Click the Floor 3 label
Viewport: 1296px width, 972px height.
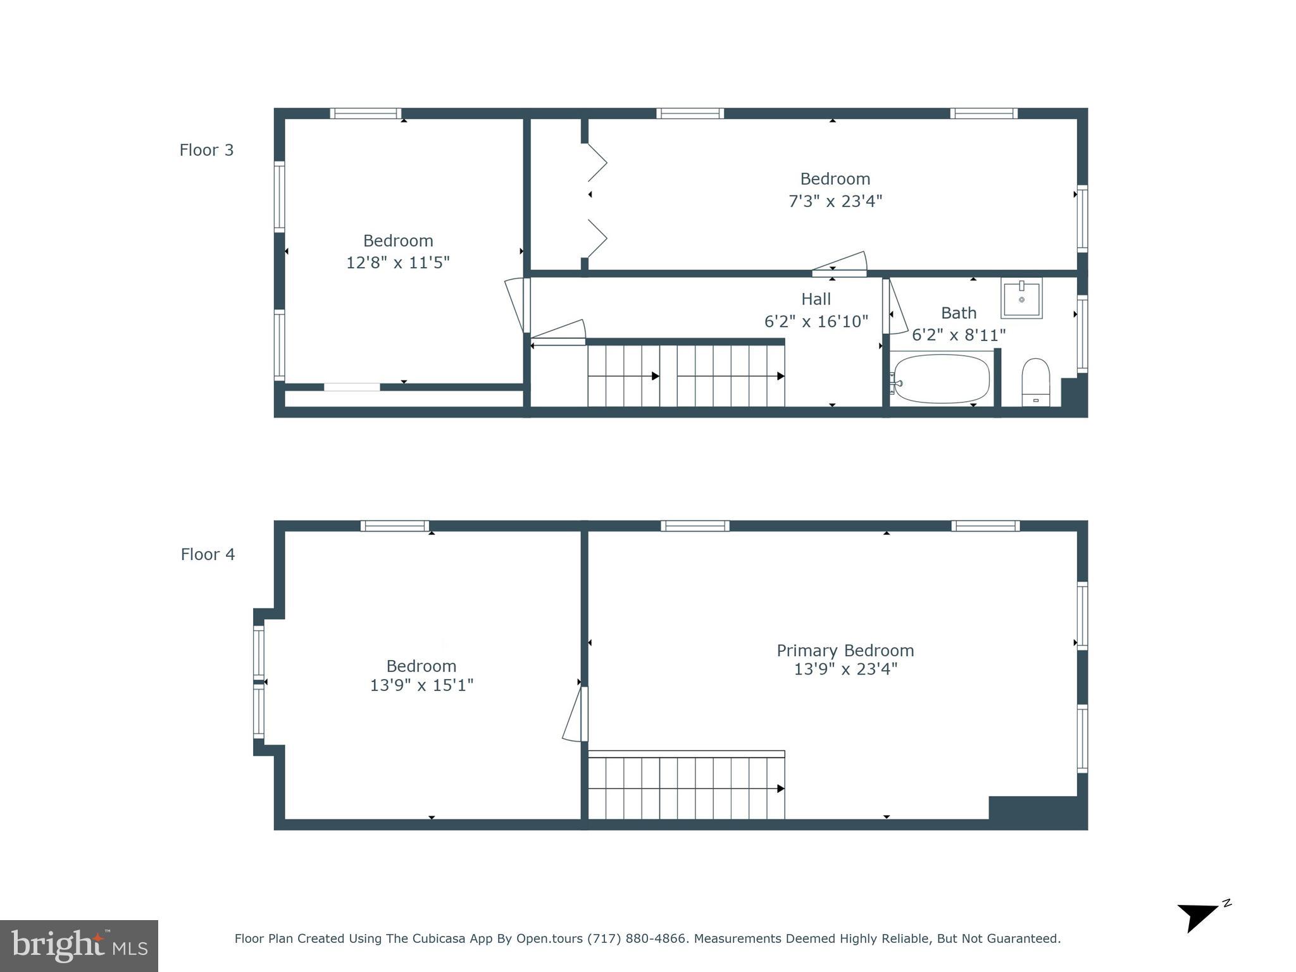tap(206, 150)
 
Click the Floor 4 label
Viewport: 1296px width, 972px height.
tap(208, 554)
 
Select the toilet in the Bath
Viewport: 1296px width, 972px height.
tap(1036, 382)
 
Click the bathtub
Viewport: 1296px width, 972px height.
tap(941, 378)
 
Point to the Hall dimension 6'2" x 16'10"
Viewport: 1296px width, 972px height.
tap(816, 321)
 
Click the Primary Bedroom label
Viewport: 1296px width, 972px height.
tap(845, 651)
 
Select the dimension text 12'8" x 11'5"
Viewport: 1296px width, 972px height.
tap(397, 263)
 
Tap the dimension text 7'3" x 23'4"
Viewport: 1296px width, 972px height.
tap(835, 201)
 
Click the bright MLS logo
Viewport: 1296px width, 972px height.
tap(79, 945)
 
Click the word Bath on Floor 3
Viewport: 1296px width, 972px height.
tap(958, 313)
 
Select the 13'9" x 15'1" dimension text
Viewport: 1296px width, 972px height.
tap(421, 685)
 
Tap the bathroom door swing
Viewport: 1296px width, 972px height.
tap(897, 309)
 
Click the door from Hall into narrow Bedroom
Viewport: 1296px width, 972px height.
tap(840, 264)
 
